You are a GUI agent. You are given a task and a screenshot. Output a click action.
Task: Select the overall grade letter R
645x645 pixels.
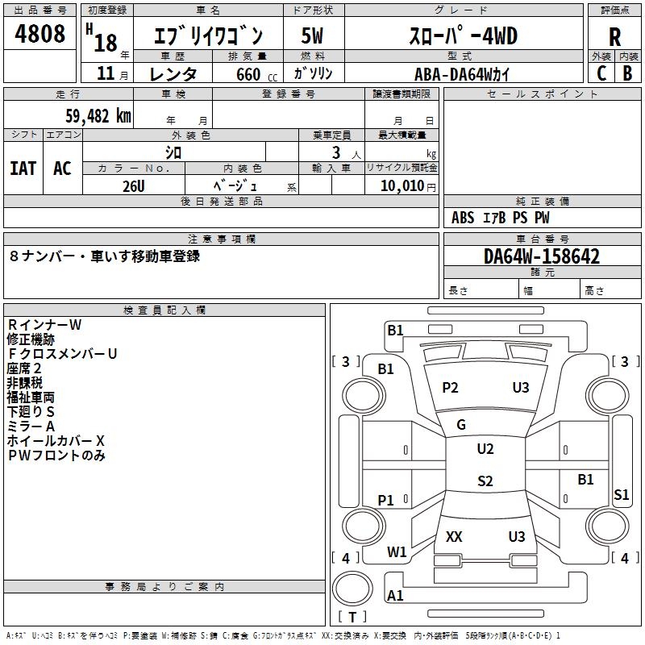click(x=614, y=36)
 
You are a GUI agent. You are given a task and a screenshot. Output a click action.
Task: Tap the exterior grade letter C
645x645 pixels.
click(x=601, y=73)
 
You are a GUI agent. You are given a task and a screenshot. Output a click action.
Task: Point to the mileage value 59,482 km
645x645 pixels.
click(x=93, y=115)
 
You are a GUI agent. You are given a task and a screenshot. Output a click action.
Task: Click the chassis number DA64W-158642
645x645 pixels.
click(x=542, y=256)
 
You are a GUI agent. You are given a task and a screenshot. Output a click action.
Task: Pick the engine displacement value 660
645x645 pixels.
click(x=248, y=74)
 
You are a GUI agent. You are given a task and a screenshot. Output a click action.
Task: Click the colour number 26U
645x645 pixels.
click(x=134, y=186)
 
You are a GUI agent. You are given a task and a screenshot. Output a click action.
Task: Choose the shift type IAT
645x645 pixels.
click(x=23, y=168)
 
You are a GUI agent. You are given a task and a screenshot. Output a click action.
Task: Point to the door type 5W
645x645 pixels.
click(x=311, y=36)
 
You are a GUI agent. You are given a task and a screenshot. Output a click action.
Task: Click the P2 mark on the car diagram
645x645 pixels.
click(x=450, y=388)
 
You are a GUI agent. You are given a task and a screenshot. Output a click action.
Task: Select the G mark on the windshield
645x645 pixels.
click(x=461, y=425)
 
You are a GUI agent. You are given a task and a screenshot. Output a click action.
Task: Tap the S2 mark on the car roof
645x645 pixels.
click(x=485, y=481)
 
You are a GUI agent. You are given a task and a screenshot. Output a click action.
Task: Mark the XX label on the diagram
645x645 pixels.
click(x=454, y=536)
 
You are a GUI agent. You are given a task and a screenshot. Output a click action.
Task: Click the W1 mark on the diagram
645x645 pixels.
click(x=397, y=552)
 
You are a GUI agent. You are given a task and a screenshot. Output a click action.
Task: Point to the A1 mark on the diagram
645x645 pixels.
click(x=395, y=596)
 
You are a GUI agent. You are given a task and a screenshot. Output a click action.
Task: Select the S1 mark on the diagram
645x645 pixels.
click(x=621, y=495)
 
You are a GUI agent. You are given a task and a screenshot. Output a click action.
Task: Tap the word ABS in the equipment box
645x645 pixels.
click(x=463, y=218)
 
